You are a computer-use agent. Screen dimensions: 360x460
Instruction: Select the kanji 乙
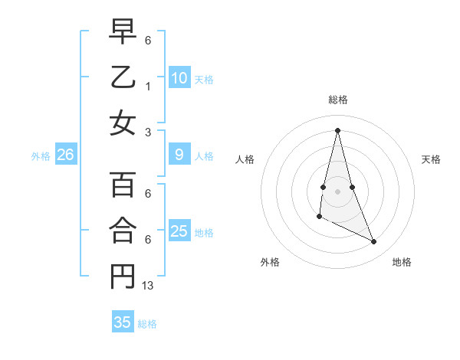point(123,79)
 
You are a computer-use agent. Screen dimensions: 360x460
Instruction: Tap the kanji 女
point(123,123)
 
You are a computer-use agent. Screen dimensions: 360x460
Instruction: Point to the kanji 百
point(123,185)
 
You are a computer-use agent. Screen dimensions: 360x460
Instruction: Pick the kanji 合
point(123,231)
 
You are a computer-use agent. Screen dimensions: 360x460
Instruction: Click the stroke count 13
point(148,286)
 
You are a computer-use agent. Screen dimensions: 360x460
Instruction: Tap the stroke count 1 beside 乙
point(148,87)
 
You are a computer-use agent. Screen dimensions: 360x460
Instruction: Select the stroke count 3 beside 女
point(148,132)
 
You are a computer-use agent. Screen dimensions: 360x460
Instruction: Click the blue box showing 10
point(179,78)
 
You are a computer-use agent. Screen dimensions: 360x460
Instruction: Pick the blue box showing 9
point(179,155)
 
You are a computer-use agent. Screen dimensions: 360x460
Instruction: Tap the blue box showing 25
point(179,231)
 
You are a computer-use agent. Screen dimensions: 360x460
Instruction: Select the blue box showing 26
point(66,155)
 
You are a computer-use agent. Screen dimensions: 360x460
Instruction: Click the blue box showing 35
point(123,322)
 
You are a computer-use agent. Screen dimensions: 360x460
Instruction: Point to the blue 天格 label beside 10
point(204,79)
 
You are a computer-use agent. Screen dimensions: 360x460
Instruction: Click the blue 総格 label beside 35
point(147,323)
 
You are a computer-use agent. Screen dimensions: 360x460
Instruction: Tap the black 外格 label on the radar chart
point(270,262)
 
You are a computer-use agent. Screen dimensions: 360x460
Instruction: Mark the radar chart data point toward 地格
point(374,242)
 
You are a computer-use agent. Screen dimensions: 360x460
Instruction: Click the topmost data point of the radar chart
point(337,129)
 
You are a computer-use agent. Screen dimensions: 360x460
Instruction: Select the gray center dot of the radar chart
point(337,191)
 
